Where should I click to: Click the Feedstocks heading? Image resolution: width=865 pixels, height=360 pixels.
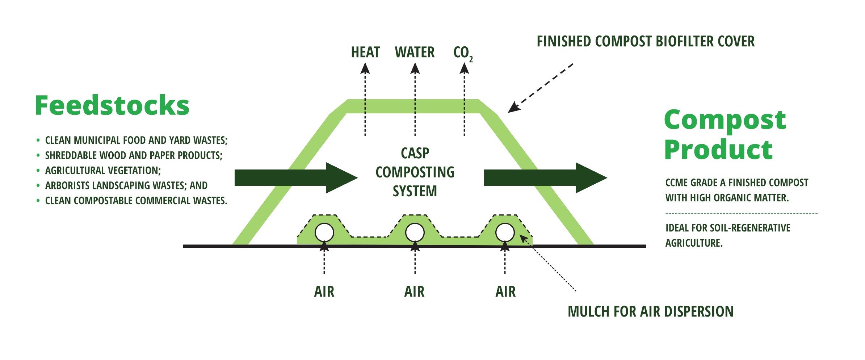112,105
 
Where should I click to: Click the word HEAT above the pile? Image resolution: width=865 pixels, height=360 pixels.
365,53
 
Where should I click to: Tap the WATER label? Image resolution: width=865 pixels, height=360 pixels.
415,53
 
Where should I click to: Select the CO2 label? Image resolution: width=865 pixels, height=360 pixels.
462,53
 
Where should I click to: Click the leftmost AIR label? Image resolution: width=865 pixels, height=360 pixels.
324,292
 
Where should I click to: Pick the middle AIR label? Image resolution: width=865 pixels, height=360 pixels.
414,292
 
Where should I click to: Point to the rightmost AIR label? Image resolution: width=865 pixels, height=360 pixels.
505,292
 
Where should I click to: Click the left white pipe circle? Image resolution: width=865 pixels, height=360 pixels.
324,233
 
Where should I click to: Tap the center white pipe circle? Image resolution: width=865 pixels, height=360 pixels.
415,233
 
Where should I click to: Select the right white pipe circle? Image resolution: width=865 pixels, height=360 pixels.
505,233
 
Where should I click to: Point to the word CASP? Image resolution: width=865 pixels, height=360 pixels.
415,153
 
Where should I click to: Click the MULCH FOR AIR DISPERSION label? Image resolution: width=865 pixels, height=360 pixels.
650,311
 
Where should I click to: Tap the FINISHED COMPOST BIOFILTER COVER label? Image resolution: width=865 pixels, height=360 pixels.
645,42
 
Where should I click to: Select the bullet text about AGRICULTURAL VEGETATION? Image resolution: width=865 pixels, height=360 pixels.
103,171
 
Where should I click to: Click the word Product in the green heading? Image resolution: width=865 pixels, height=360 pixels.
718,150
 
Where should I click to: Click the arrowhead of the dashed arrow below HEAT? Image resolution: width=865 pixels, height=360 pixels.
365,68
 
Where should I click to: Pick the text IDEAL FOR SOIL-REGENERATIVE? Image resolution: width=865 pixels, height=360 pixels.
728,228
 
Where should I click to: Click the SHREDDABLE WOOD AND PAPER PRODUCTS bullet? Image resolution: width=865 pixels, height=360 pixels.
134,155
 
